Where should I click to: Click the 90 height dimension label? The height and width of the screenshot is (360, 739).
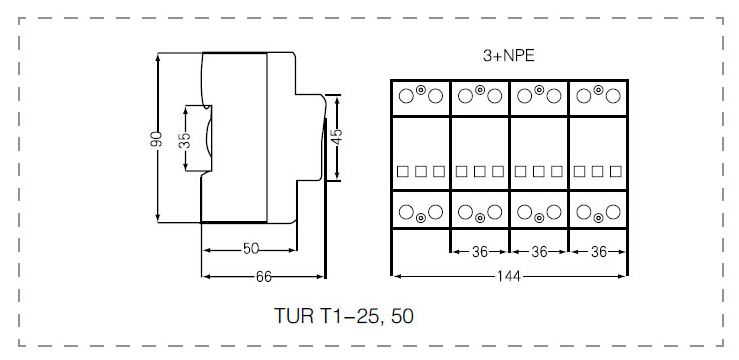(158, 139)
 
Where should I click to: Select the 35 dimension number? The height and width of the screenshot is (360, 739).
(186, 140)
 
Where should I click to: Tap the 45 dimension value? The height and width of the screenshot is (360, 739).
(337, 137)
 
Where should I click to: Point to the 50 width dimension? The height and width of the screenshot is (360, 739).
(251, 249)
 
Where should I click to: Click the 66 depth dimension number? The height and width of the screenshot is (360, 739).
(264, 277)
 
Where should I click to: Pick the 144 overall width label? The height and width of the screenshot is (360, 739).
(509, 277)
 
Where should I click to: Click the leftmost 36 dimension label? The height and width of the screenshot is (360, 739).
(480, 252)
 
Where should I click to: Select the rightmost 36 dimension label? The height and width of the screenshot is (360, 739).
(599, 252)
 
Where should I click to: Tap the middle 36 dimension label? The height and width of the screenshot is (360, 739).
(539, 252)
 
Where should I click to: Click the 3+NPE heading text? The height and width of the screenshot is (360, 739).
(509, 56)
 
